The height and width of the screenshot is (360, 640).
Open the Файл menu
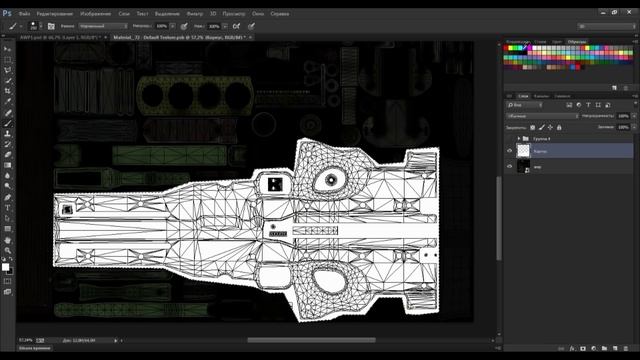pos(22,14)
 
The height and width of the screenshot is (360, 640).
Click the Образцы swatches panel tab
pos(578,41)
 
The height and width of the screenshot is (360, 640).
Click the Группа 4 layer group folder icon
pos(527,137)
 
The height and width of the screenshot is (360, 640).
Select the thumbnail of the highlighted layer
pos(523,150)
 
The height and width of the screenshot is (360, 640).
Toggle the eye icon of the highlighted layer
pos(509,150)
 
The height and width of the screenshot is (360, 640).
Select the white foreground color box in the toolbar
pos(6,267)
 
